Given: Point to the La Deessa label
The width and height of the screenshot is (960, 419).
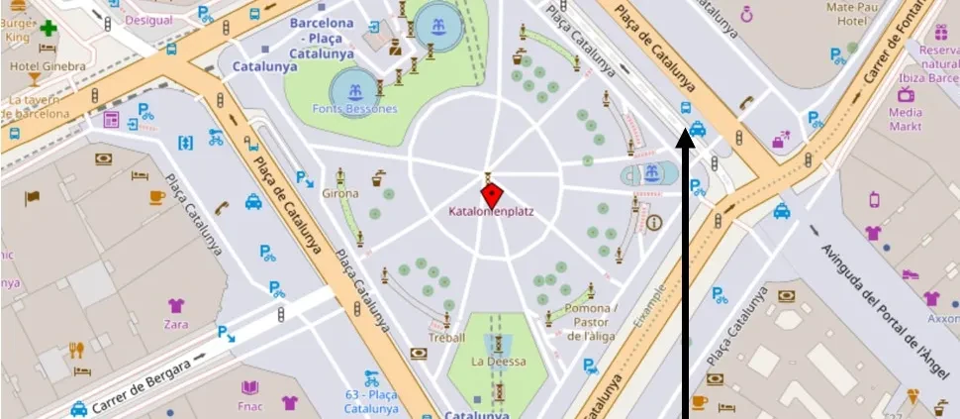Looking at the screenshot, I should point(499,362).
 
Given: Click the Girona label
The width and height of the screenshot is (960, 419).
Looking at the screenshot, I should point(340,193).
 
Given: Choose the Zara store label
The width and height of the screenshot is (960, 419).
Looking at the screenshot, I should point(176,323).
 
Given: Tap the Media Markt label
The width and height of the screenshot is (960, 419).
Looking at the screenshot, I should point(905,119).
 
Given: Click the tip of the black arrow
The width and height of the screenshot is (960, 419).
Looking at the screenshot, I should point(684,136).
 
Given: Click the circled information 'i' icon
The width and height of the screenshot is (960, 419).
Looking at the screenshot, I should point(654,223).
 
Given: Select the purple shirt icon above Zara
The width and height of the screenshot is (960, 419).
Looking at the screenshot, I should point(176,305).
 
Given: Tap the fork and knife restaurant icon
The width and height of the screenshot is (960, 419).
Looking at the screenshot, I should point(76,350).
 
